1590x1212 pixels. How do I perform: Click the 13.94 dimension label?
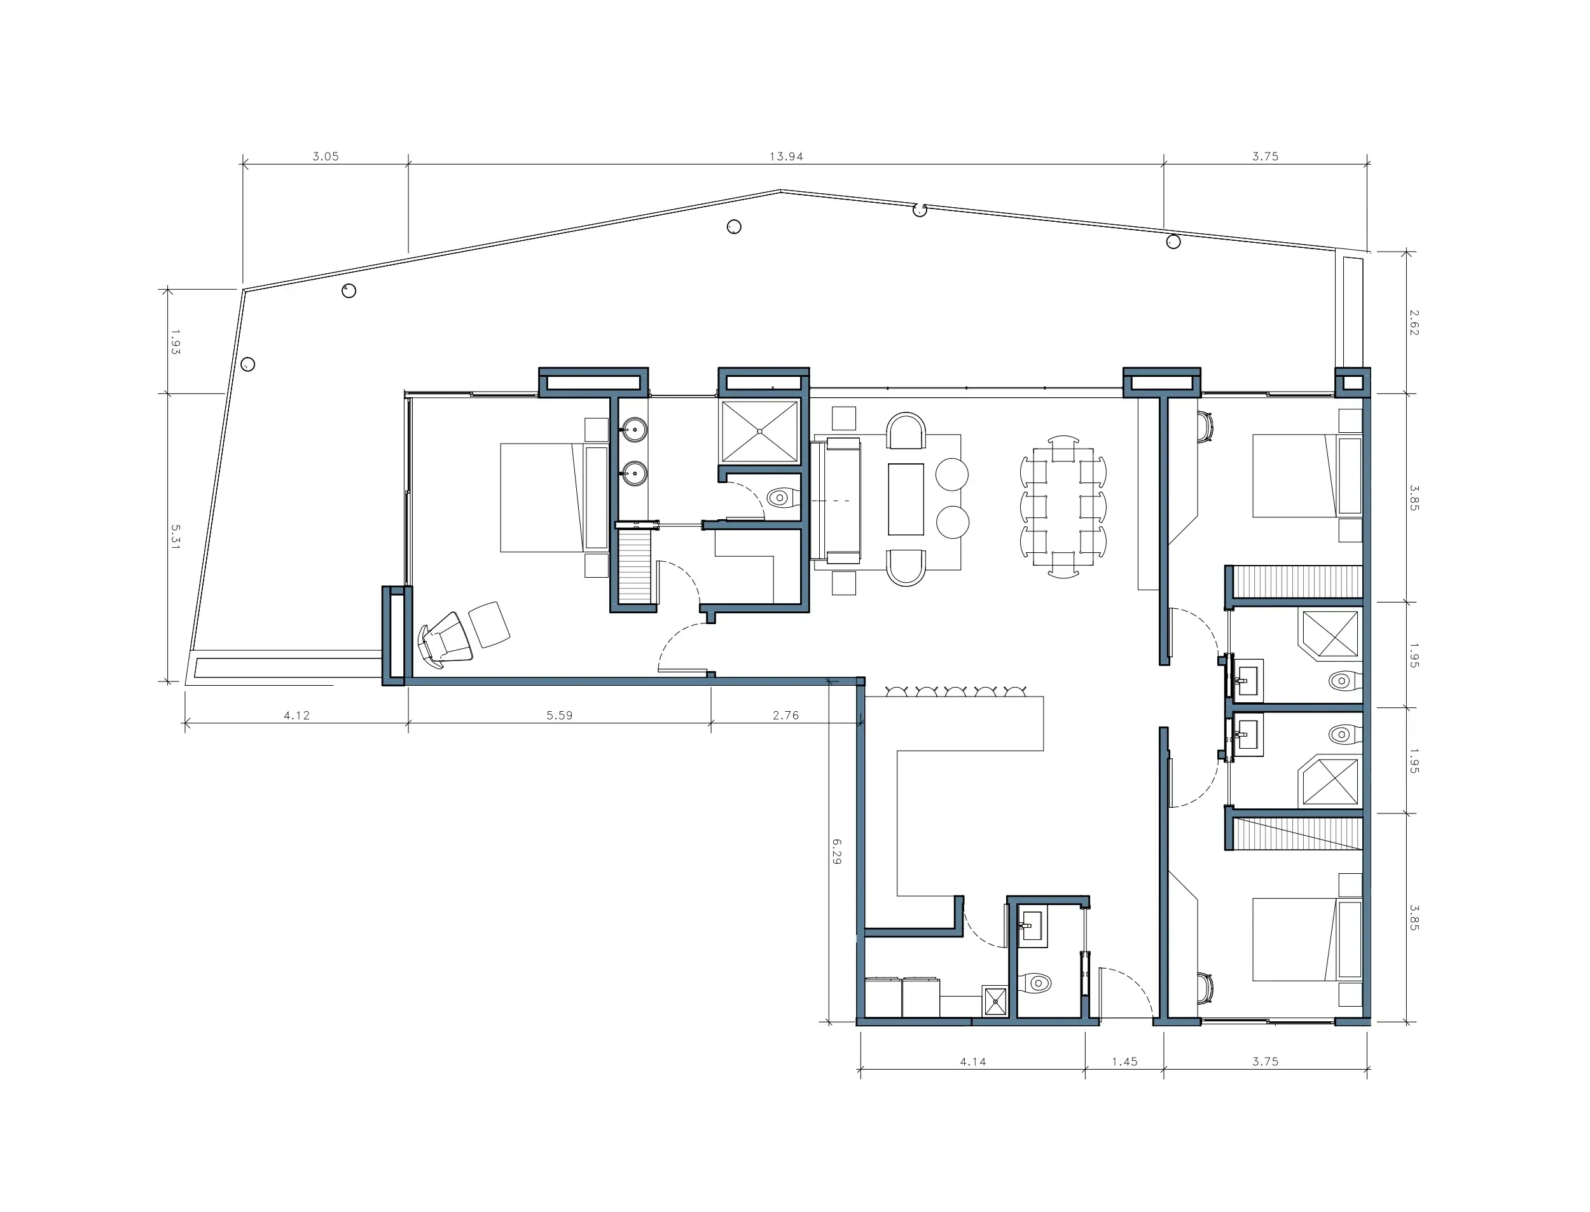(x=786, y=156)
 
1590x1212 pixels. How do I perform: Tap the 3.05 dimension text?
(x=326, y=156)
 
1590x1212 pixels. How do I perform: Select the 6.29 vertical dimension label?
(x=836, y=851)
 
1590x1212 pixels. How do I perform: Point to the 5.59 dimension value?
(x=559, y=716)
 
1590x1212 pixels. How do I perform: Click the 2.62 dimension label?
(x=1414, y=322)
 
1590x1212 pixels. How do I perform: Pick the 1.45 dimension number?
(x=1124, y=1062)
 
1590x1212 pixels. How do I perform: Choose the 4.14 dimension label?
(x=973, y=1062)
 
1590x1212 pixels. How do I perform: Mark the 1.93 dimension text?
(x=176, y=341)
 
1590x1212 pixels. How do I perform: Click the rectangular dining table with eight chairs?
(x=1063, y=507)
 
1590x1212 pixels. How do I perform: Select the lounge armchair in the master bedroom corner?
(x=446, y=637)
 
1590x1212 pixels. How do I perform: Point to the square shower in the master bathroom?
(x=760, y=432)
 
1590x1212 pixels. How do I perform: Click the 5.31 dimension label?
(x=176, y=537)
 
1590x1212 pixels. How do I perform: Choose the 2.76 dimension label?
(x=786, y=716)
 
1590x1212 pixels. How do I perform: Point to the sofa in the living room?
(x=837, y=500)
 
